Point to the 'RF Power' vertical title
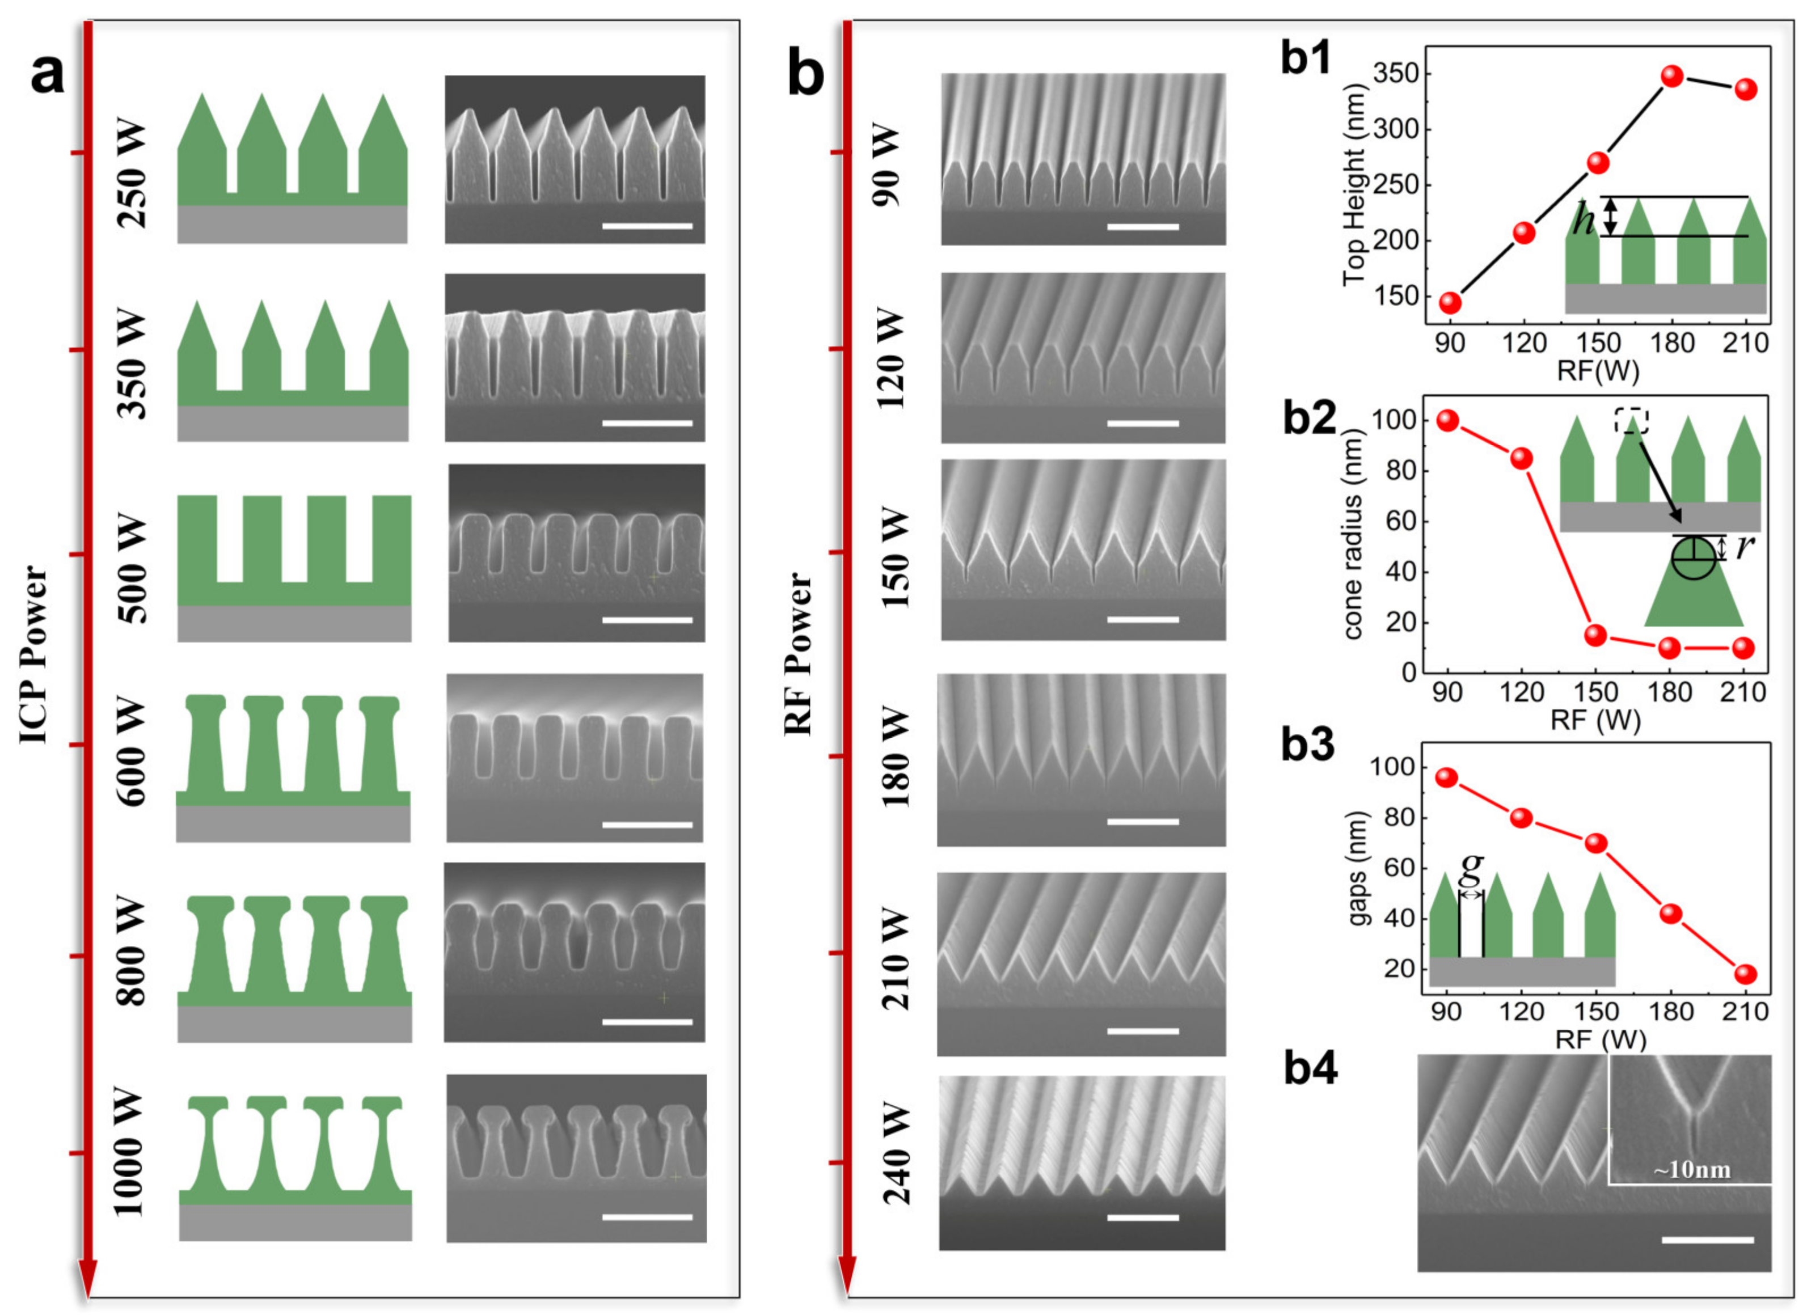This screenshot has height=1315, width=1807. tap(799, 655)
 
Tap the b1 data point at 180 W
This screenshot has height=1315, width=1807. tap(1671, 77)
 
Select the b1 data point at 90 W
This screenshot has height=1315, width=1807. tap(1450, 303)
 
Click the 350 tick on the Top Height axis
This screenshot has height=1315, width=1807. tap(1396, 73)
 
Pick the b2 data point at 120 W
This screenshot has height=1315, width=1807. tap(1522, 458)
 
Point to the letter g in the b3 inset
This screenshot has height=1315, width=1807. tap(1472, 868)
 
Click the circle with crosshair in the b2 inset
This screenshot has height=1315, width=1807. tap(1693, 559)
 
